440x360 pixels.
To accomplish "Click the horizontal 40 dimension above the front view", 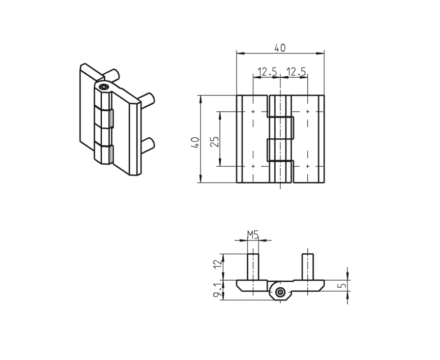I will pos(280,48).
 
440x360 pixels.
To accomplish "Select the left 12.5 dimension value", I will pos(267,72).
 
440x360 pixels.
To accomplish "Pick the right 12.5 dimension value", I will pos(296,72).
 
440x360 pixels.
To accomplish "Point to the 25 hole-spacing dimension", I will pos(215,141).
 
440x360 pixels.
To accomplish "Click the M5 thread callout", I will pos(253,234).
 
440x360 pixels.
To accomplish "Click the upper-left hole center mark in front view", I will pos(253,111).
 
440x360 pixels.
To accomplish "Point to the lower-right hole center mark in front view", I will pos(307,166).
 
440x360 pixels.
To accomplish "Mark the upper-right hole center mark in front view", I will pos(307,111).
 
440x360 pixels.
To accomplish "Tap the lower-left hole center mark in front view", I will pos(253,166).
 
